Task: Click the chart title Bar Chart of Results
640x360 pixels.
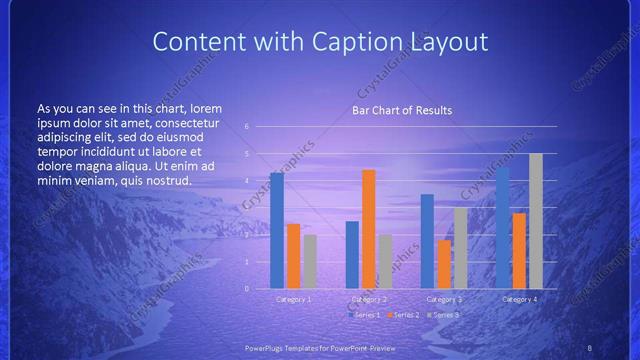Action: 401,110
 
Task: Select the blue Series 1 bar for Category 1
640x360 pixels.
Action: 277,230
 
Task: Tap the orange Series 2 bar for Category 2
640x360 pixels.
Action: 369,229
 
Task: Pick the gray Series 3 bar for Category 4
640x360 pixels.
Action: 536,221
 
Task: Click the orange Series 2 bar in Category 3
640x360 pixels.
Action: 444,264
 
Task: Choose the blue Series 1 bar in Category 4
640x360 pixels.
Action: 502,227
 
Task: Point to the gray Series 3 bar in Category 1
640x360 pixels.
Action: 310,261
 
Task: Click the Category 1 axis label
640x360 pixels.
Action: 293,299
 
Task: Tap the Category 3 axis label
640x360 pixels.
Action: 444,299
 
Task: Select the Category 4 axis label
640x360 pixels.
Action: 519,299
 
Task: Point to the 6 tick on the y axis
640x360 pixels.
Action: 246,127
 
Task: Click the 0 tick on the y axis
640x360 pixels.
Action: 246,288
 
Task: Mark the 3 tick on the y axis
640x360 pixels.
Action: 246,208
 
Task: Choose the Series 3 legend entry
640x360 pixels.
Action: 443,315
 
